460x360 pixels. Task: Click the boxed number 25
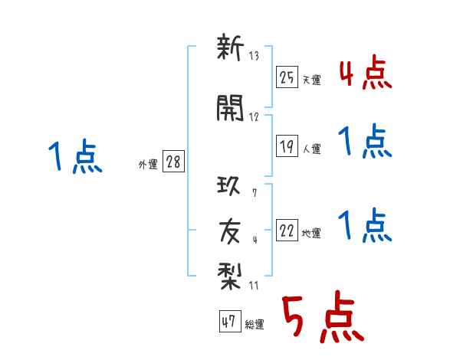287,77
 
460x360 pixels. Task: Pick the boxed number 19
287,146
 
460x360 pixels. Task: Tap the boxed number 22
287,231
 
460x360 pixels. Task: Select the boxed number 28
173,162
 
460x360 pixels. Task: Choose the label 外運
148,165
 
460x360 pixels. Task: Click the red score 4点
365,74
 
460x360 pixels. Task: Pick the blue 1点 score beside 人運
365,142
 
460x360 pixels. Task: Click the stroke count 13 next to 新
255,56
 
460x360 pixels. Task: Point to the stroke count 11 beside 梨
255,286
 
